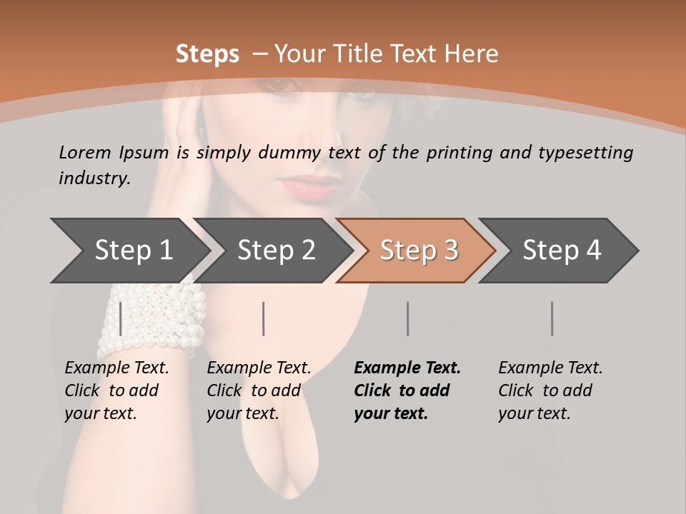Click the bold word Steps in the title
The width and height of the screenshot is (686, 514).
[x=207, y=54]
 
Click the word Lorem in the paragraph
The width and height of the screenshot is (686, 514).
[x=84, y=152]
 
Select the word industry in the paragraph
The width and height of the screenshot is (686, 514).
[x=94, y=178]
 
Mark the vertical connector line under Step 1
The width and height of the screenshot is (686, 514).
[x=121, y=318]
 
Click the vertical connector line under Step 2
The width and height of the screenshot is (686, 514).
[x=264, y=318]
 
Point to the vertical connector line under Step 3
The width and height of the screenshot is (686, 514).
[x=408, y=318]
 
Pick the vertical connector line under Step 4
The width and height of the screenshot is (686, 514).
[x=552, y=318]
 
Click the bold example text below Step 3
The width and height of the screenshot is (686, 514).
[x=407, y=390]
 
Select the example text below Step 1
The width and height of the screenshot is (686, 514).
[x=116, y=390]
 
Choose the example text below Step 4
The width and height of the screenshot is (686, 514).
[x=550, y=390]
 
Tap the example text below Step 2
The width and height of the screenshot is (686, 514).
[x=259, y=390]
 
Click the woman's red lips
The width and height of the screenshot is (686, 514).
[x=313, y=186]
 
